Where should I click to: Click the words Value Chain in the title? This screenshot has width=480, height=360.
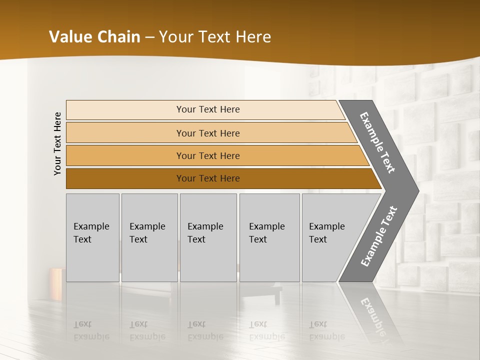coord(94,37)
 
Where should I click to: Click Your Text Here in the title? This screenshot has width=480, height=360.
coord(215,37)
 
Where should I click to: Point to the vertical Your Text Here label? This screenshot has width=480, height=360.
coord(57,143)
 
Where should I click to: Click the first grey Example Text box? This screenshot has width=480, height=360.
coord(92,237)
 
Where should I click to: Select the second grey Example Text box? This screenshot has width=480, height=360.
coord(149,237)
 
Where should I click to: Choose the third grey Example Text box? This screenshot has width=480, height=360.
coord(208,237)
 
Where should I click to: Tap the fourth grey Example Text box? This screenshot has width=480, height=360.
coord(269,237)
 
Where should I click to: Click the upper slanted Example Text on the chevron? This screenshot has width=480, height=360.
coord(377,142)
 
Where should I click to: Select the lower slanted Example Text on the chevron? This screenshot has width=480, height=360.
coord(379,236)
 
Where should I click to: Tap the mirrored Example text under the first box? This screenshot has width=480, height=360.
coord(91,336)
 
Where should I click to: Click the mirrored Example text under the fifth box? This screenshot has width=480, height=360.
coord(326,336)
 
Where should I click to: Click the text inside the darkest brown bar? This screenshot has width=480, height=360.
coord(208,178)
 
